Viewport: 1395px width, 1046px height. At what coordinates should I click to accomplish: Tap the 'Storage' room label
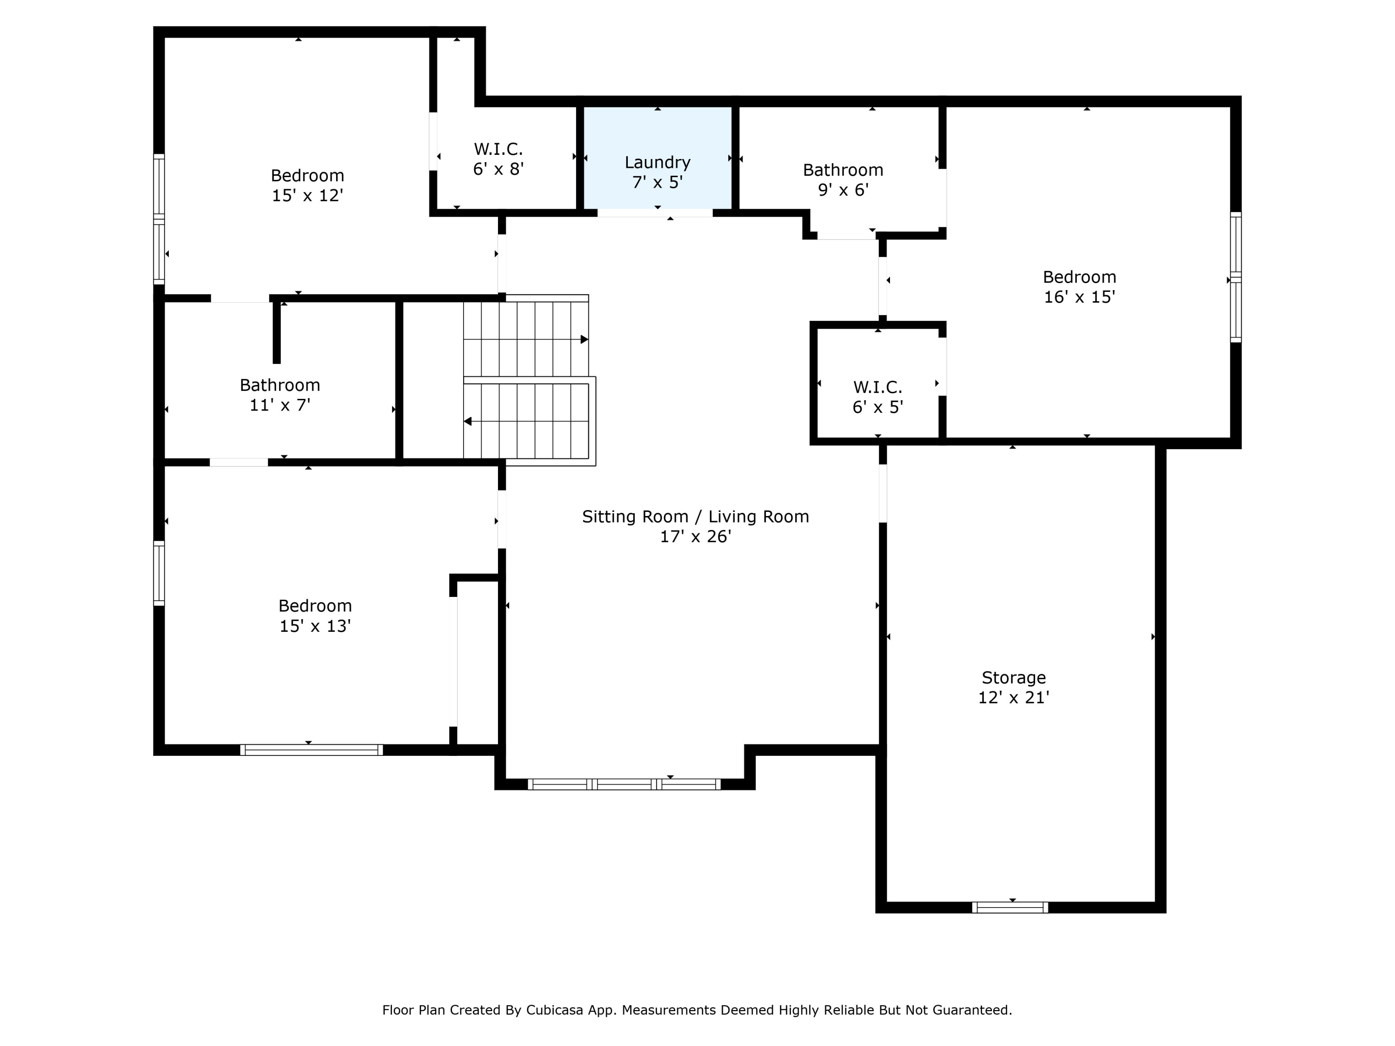[x=1013, y=678]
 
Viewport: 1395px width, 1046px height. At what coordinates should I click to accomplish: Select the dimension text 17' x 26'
[x=695, y=536]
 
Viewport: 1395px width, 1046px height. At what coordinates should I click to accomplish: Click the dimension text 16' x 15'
[x=1079, y=297]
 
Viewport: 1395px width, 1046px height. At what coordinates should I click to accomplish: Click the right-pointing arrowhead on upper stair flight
[x=584, y=340]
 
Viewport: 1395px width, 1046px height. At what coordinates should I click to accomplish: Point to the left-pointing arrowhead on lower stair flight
[x=468, y=421]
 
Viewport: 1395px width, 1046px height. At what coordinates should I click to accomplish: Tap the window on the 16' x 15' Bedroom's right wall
[x=1236, y=278]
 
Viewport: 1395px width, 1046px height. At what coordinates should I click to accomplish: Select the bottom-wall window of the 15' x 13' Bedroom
[x=311, y=750]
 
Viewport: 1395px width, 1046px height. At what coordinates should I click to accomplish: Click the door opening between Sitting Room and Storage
[x=883, y=493]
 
